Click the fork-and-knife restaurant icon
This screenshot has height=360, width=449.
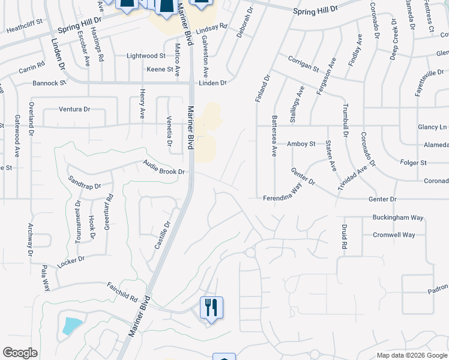(211, 307)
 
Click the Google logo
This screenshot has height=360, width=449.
(20, 353)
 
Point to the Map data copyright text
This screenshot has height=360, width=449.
(411, 355)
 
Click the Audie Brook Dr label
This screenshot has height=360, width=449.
(163, 167)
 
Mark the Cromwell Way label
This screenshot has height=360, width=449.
(394, 235)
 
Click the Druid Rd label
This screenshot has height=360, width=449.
(345, 236)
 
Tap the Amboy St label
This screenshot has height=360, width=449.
(301, 144)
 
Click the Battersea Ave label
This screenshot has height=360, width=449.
(274, 136)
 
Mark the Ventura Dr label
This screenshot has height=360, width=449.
(74, 109)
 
